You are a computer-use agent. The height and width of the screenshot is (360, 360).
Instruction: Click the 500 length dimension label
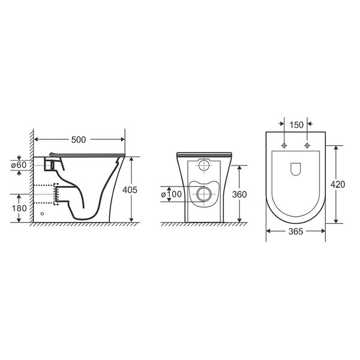click(78, 140)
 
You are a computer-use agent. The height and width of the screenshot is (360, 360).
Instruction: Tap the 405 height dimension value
click(130, 190)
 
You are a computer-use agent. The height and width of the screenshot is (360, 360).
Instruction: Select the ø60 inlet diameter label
click(19, 165)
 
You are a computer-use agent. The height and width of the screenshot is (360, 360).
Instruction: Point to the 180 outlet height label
click(19, 208)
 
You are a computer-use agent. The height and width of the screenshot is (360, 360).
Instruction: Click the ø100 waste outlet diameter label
click(172, 194)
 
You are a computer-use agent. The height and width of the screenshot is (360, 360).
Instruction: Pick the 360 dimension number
click(239, 194)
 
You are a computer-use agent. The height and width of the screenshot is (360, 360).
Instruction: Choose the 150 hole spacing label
click(296, 125)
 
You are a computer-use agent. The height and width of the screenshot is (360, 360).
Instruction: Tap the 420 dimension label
click(337, 184)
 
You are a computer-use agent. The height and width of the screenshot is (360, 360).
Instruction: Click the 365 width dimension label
click(296, 232)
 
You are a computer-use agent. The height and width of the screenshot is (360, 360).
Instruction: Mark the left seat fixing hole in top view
click(284, 145)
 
